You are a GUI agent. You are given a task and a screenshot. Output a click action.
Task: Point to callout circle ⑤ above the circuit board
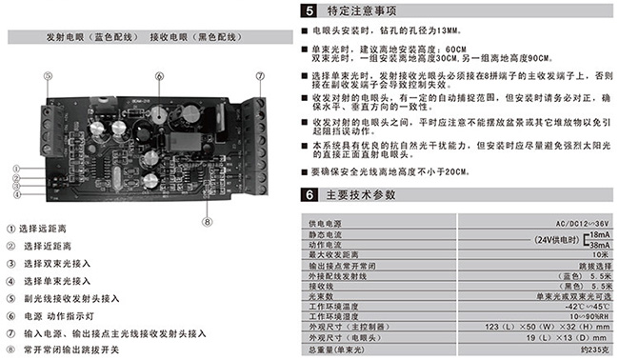point(45,75)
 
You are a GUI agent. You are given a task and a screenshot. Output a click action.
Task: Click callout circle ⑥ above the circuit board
point(159,75)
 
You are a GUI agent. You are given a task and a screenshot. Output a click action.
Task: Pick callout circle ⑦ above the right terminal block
point(258,75)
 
